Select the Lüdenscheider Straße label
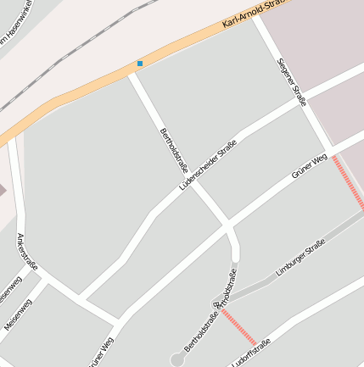pyautogui.click(x=208, y=164)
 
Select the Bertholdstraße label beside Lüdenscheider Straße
pyautogui.click(x=173, y=145)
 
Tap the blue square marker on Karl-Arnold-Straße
pyautogui.click(x=140, y=63)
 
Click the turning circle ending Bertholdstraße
pyautogui.click(x=176, y=360)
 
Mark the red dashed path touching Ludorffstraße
pyautogui.click(x=238, y=325)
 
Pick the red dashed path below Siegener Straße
pyautogui.click(x=349, y=182)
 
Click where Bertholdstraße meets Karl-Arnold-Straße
pyautogui.click(x=132, y=73)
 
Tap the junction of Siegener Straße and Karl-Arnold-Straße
pyautogui.click(x=256, y=20)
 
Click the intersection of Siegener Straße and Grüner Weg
pyautogui.click(x=330, y=153)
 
